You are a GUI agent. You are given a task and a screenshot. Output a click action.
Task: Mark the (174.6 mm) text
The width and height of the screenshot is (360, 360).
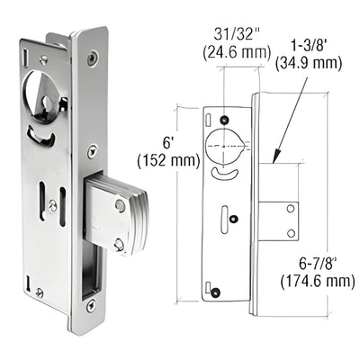click(x=323, y=282)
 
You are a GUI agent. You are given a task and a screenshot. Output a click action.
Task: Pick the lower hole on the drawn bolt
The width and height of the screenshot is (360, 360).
click(x=291, y=233)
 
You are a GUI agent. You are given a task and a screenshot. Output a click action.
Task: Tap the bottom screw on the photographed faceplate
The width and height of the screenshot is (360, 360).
click(x=90, y=292)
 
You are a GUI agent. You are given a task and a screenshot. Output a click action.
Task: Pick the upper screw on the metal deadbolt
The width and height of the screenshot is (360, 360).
click(x=121, y=204)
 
